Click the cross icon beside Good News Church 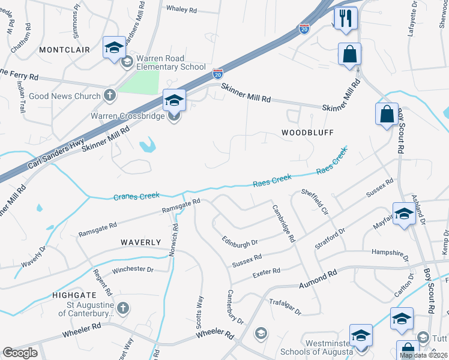[109, 95]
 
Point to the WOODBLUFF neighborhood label [307, 131]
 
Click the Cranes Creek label [136, 196]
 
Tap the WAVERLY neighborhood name [140, 242]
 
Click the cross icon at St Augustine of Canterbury [122, 308]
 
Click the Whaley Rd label [181, 10]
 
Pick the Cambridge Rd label [284, 224]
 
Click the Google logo [20, 353]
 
